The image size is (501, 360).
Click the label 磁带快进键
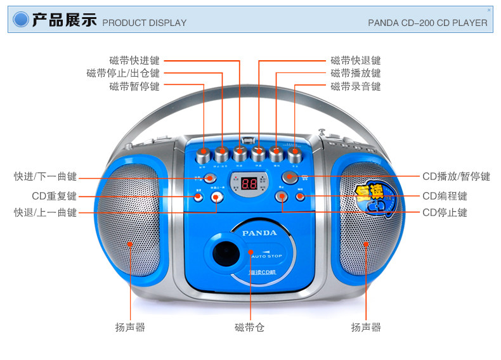[x=134, y=61]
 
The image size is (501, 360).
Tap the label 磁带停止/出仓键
[x=123, y=74]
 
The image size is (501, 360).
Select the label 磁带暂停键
[x=134, y=86]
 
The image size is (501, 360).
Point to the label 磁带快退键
[x=356, y=61]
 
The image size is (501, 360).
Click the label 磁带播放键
[x=356, y=74]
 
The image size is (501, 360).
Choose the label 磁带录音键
[x=356, y=86]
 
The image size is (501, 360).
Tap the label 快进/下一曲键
[x=45, y=176]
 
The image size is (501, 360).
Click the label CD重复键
[x=54, y=196]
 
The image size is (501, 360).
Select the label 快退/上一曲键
[x=45, y=212]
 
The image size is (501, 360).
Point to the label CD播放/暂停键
[x=456, y=176]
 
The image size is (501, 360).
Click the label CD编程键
[x=445, y=196]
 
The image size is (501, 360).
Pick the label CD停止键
[x=445, y=212]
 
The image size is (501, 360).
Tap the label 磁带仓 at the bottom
[x=249, y=328]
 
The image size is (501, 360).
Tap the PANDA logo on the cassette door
[x=259, y=233]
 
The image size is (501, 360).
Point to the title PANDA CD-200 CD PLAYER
[x=427, y=23]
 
